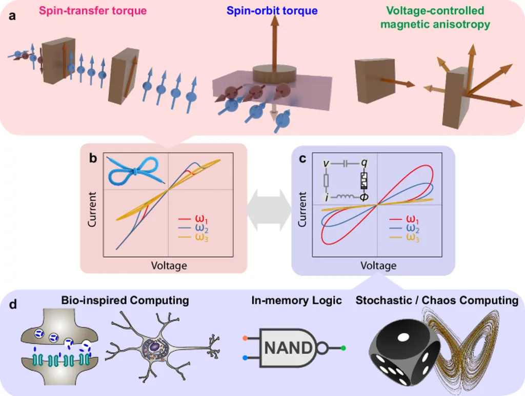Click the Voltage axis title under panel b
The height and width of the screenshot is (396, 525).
tap(169, 266)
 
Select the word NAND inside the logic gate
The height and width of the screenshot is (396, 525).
tap(287, 348)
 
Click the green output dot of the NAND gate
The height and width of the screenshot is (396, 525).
tap(343, 349)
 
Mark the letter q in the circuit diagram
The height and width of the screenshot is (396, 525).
tap(364, 163)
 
